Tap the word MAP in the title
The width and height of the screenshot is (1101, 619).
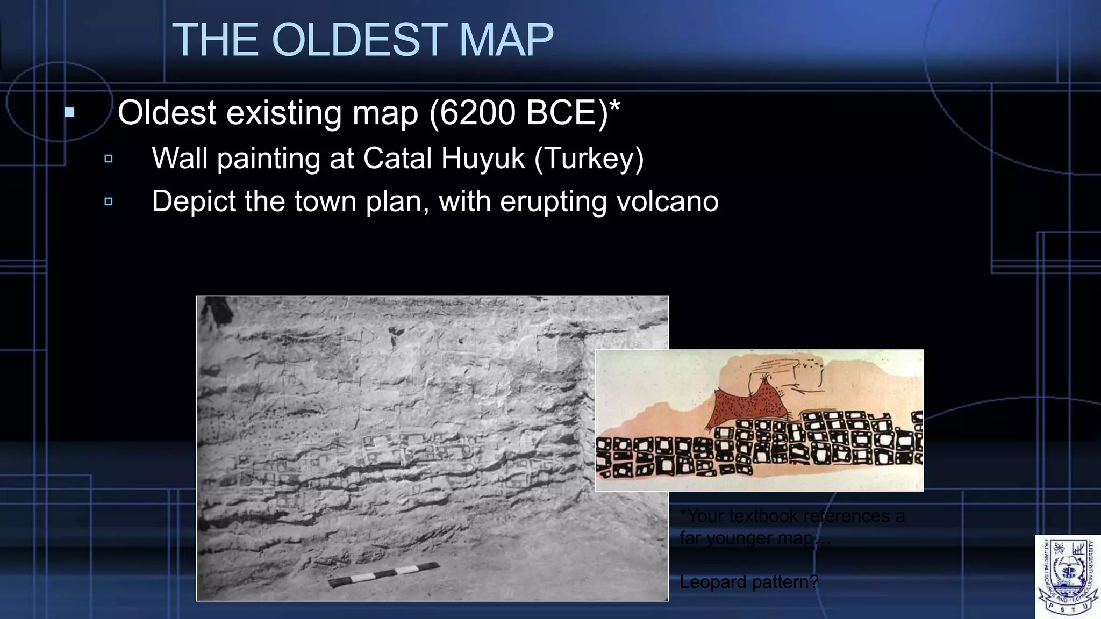click(506, 40)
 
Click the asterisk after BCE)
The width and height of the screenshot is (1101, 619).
click(614, 106)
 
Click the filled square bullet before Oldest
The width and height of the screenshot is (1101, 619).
click(69, 113)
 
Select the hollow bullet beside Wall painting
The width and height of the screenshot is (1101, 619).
click(109, 159)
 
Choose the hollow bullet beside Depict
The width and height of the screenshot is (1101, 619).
click(109, 201)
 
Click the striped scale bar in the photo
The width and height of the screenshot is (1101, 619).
click(384, 575)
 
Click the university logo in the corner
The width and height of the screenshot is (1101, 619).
click(1068, 577)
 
